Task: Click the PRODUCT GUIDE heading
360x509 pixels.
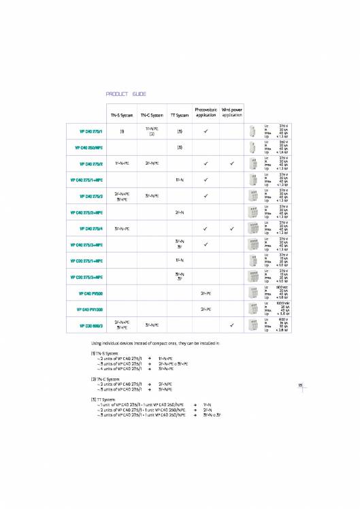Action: click(126, 94)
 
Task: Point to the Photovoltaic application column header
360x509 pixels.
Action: click(205, 112)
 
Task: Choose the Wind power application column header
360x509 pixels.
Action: click(232, 112)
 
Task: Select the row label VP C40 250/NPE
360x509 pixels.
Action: click(87, 147)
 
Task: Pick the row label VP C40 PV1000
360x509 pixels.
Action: click(89, 310)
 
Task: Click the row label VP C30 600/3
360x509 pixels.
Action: click(91, 326)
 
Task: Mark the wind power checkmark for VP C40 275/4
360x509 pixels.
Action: click(232, 229)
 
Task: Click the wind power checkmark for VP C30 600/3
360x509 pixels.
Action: click(232, 326)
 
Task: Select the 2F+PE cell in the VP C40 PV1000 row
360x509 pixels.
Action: click(205, 310)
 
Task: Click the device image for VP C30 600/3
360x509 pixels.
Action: click(253, 326)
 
